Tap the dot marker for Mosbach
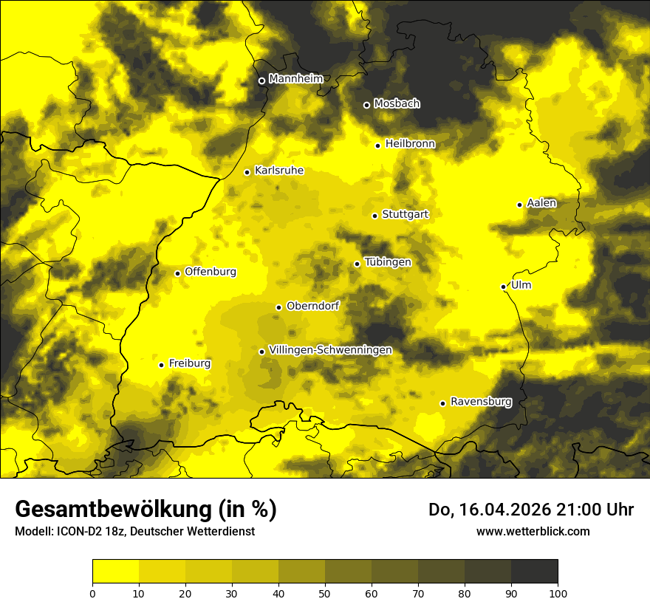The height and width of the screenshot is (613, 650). coord(366,105)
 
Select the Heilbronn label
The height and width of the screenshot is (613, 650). coord(410,144)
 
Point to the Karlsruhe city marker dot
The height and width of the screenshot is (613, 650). coord(247,172)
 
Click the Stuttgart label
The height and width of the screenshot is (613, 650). coord(405,214)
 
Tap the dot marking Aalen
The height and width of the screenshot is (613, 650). coord(519,205)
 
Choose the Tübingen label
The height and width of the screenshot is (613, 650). coord(388,262)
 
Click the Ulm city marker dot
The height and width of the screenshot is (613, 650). coord(504,287)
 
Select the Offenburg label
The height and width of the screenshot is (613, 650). coord(211,272)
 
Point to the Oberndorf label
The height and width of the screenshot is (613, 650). coord(312,306)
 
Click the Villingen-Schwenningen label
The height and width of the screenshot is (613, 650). coord(330,350)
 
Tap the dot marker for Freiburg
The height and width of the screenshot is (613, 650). coord(161,365)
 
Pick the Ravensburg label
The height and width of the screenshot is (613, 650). coord(481,402)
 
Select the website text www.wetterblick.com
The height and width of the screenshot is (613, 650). coord(533,531)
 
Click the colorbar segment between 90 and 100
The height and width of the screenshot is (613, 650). coord(534,572)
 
